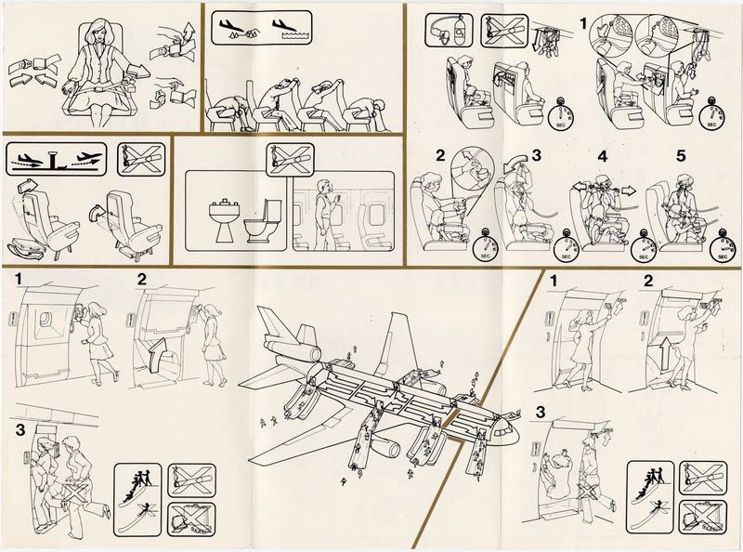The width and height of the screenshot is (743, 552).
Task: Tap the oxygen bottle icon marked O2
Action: pos(460,30)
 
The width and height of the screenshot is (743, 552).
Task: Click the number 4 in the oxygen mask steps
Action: pos(602,156)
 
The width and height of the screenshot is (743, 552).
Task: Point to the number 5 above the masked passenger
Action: pos(681,155)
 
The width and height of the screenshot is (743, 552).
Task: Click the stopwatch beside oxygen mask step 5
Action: pos(722,246)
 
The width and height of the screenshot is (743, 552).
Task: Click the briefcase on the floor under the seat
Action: pos(27,249)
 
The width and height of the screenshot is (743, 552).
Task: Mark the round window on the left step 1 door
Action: pos(44,319)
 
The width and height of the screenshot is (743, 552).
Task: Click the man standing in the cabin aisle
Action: pos(326,215)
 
